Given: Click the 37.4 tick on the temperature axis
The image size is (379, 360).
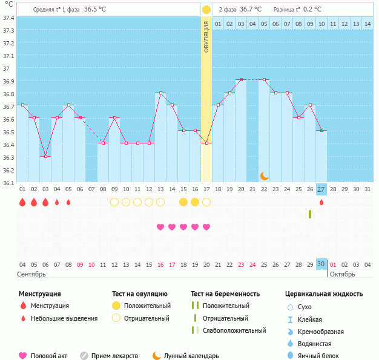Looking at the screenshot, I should (x=8, y=17).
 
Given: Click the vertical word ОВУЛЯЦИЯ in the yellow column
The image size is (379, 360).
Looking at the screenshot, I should (x=206, y=37).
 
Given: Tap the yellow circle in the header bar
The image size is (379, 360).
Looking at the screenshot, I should (x=206, y=10).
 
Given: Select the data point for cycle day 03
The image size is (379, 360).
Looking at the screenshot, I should (x=45, y=156).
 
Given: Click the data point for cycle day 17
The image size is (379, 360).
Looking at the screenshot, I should (x=206, y=143).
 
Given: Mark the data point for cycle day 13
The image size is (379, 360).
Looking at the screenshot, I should (x=160, y=93).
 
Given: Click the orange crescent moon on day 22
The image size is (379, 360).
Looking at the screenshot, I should (x=264, y=175).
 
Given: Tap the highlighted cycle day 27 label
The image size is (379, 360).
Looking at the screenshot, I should (x=321, y=189).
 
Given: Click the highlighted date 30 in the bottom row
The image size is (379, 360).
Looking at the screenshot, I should (x=321, y=264).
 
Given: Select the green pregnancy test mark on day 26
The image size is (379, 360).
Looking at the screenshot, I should (x=310, y=214).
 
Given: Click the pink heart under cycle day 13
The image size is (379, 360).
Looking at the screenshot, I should (x=160, y=227).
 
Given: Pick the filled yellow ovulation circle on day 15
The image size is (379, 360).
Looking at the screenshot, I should (x=183, y=202).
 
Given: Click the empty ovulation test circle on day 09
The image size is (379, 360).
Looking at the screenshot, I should (x=114, y=202).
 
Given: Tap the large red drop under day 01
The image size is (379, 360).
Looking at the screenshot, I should (x=22, y=202).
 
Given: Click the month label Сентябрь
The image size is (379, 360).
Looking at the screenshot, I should (x=31, y=275).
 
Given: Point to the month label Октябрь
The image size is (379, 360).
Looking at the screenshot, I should (x=343, y=275).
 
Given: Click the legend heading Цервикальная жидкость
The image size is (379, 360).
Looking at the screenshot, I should (x=324, y=294).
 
